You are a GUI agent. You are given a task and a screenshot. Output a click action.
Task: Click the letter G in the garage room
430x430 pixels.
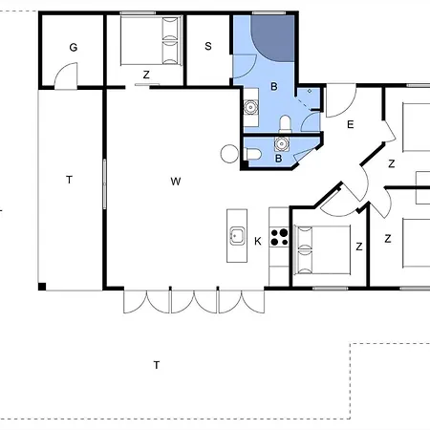click(74, 48)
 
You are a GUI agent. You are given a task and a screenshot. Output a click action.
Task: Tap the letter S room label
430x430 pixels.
click(208, 46)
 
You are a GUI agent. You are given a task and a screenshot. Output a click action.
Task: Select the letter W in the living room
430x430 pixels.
click(176, 182)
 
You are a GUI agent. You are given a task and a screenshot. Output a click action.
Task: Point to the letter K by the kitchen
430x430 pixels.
click(258, 241)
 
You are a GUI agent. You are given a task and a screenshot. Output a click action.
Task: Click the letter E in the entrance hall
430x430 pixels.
click(351, 124)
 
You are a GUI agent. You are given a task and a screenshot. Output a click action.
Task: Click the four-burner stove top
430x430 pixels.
click(279, 237)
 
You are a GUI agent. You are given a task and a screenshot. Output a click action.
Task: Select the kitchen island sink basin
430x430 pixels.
click(237, 236)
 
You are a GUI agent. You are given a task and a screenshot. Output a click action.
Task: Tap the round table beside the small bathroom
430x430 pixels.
click(229, 154)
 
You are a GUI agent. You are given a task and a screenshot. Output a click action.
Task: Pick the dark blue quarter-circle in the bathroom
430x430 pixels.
click(272, 38)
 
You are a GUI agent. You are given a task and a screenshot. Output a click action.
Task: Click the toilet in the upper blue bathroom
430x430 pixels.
click(286, 124)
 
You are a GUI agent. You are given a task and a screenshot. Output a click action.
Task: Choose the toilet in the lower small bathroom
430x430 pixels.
click(253, 154)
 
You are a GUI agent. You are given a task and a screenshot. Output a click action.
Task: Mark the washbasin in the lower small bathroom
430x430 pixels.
click(282, 143)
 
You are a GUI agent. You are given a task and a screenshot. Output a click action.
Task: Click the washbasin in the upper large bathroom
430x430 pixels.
click(251, 107)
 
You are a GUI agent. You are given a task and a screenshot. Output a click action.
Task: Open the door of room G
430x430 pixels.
click(66, 75)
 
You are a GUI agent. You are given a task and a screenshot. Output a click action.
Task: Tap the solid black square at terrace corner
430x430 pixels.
click(42, 287)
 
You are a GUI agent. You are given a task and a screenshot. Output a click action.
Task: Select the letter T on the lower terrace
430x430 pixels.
click(157, 365)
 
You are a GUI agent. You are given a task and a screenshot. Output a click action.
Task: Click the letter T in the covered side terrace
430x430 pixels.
click(69, 180)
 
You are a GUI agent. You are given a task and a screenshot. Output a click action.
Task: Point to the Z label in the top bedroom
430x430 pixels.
click(146, 75)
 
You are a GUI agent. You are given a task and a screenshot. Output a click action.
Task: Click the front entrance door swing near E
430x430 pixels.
click(341, 100)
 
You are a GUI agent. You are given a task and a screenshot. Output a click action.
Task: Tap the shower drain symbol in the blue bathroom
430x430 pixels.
click(310, 91)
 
